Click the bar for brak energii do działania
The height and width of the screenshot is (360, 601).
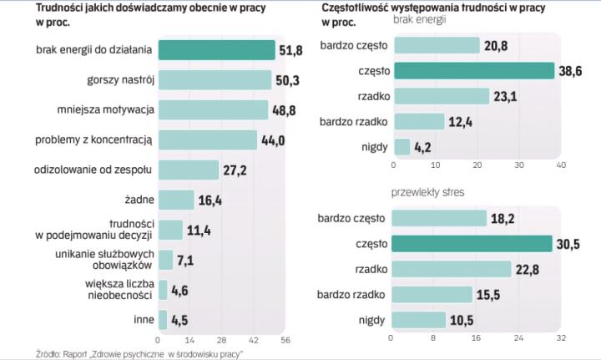[x=216, y=50]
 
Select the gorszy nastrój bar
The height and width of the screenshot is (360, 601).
[x=215, y=80]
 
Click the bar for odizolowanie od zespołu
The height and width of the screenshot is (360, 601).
[x=189, y=170]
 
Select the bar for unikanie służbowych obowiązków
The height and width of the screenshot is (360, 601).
[x=165, y=260]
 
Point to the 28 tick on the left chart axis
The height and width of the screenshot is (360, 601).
[x=221, y=340]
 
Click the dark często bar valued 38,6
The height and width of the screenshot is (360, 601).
[x=473, y=71]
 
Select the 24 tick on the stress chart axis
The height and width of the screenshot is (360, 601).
[x=518, y=339]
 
